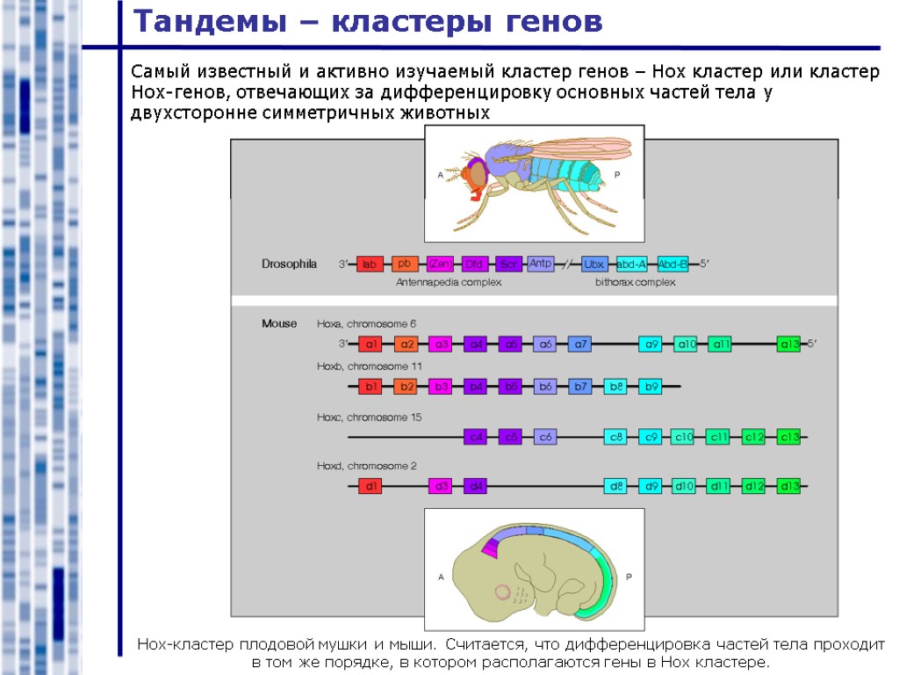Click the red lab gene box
point(370,264)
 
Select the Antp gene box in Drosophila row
point(541,263)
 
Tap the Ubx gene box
point(595,264)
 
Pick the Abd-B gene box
point(672,264)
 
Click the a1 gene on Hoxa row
point(371,344)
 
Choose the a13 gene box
point(789,344)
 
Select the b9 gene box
point(651,386)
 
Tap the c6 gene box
point(545,437)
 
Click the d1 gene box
point(371,486)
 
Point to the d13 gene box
point(789,486)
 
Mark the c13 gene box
point(789,437)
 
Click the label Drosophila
point(289,264)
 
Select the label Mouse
point(279,323)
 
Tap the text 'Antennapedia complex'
point(449,283)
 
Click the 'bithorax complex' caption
point(635,283)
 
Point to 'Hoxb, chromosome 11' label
point(370,366)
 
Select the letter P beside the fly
point(617,175)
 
